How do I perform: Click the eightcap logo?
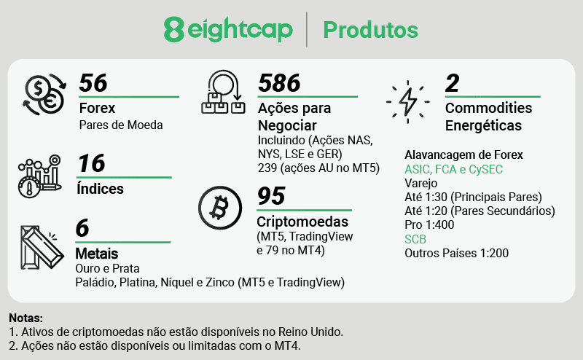[x=229, y=30]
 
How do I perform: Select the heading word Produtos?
[x=370, y=30]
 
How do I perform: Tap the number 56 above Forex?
[x=93, y=83]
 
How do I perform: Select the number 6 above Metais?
[x=82, y=229]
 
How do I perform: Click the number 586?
[x=279, y=83]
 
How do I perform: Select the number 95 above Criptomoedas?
[x=271, y=197]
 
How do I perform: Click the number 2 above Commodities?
[x=453, y=83]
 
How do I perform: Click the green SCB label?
[x=415, y=239]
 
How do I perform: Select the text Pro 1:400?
[x=430, y=225]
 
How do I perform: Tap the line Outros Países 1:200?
[x=456, y=254]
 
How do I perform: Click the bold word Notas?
[x=26, y=318]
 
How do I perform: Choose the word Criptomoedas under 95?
[x=302, y=222]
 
